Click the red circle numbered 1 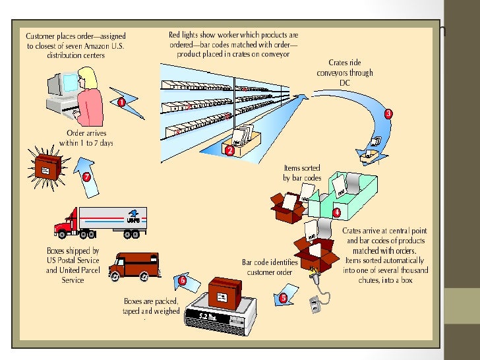tap(121, 102)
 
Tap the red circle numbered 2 tap(229, 150)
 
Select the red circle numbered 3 tap(388, 113)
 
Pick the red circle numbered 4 tap(336, 213)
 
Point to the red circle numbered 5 tap(284, 297)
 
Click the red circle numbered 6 tap(183, 280)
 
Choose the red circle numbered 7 tap(86, 176)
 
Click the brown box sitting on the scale tap(227, 291)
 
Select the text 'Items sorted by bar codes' tap(302, 173)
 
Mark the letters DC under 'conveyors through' tap(345, 82)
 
